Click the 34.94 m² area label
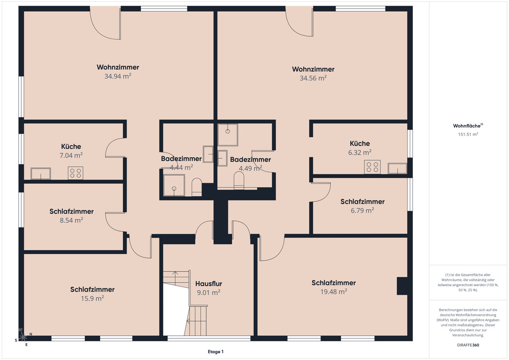tap(118, 76)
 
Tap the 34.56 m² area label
tap(313, 78)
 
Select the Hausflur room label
tap(209, 284)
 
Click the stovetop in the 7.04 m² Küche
tap(76, 173)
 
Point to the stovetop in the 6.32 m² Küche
tap(372, 167)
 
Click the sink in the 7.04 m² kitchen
tap(41, 174)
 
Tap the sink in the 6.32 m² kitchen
tap(397, 168)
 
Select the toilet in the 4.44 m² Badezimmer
tap(197, 187)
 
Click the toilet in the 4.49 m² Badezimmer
tap(239, 180)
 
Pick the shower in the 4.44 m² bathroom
tap(174, 185)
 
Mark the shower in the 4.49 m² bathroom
tap(228, 135)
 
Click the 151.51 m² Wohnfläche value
tap(468, 134)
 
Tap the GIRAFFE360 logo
tap(468, 345)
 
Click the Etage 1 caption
tap(215, 352)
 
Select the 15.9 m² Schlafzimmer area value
tap(92, 298)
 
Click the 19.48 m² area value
tap(333, 292)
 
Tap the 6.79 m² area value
tap(362, 211)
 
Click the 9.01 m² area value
tap(209, 292)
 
